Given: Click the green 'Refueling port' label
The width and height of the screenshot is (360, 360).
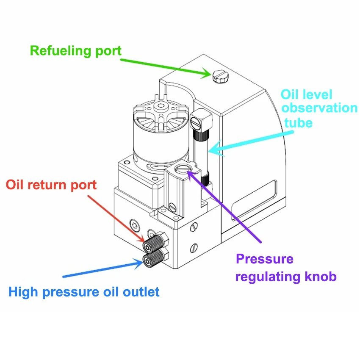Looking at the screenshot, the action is point(75,51).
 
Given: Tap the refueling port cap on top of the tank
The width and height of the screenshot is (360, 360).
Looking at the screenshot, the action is point(220,77).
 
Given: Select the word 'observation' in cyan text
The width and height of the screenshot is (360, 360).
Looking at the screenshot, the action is point(320,108).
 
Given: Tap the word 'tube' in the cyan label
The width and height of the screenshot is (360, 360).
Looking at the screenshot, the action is point(299,123).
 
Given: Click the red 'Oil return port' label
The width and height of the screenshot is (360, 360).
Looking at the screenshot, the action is point(51,185).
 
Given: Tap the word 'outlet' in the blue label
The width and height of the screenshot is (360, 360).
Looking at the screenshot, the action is point(141,292).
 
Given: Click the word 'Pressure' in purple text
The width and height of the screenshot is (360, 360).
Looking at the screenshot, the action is point(265,259).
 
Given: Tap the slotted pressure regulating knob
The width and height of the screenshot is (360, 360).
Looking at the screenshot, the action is point(183,169).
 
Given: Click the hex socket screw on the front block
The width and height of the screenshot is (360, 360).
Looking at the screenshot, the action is point(135,225).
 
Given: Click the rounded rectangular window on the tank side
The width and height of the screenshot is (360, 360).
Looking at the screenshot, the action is point(254,200).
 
